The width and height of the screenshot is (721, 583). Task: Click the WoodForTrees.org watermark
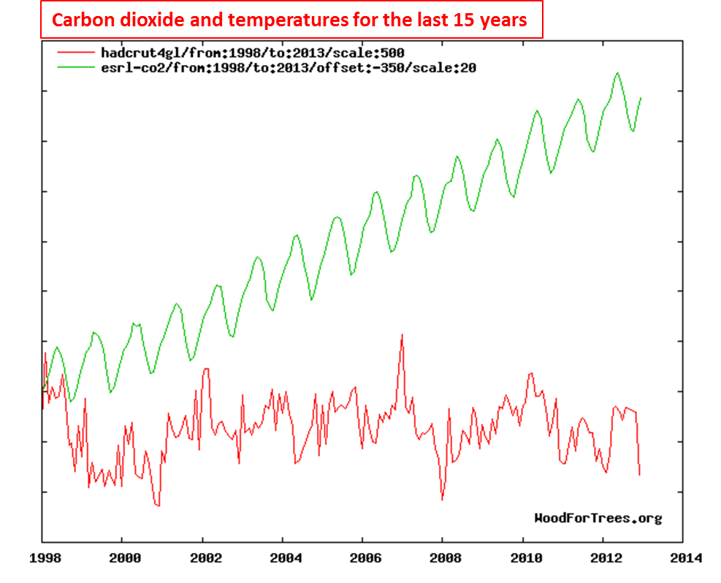(598, 519)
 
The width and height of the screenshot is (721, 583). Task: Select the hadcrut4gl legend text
(252, 53)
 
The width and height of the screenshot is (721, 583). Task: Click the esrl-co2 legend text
(289, 67)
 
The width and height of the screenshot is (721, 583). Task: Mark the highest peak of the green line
(617, 73)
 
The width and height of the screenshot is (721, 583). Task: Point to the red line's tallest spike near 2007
(402, 335)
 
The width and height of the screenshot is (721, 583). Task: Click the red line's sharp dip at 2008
(442, 500)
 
